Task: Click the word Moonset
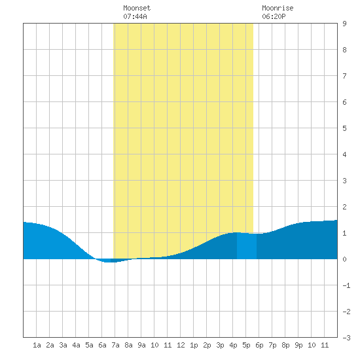pos(137,8)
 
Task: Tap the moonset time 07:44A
pos(135,16)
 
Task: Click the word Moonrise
pos(278,8)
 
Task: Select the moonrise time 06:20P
pos(274,16)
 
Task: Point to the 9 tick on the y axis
pos(344,24)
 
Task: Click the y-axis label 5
pos(344,128)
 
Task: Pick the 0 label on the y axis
pos(344,259)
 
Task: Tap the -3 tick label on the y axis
pos(346,338)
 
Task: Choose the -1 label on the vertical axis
pos(346,285)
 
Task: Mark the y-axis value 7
pos(344,76)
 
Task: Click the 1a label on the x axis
pos(37,345)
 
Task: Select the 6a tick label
pos(102,345)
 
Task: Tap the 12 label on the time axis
pos(181,345)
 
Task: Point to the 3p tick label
pos(220,345)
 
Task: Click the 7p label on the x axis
pos(272,345)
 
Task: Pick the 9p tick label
pos(298,345)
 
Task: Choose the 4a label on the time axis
pos(76,345)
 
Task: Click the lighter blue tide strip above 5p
pos(247,246)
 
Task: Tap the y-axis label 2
pos(344,207)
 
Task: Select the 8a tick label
pos(128,345)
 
